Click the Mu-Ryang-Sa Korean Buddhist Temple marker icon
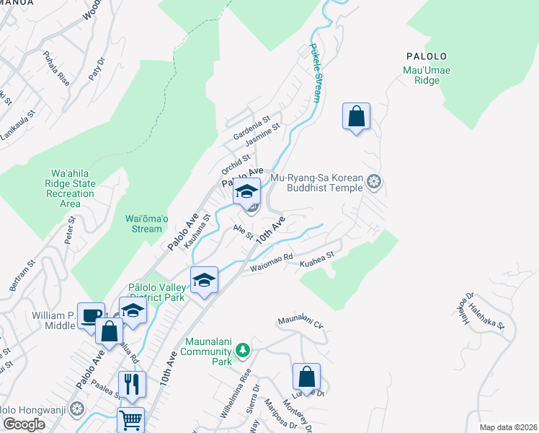pos(373,180)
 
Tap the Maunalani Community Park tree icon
pos(244,351)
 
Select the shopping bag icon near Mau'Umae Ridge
pos(357,116)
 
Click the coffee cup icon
pos(92,315)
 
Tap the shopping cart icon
pos(130,419)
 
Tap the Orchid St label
pos(236,163)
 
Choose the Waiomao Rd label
pos(271,263)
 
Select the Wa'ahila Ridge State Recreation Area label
pos(71,188)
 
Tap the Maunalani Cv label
pos(300,321)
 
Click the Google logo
pos(24,424)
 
